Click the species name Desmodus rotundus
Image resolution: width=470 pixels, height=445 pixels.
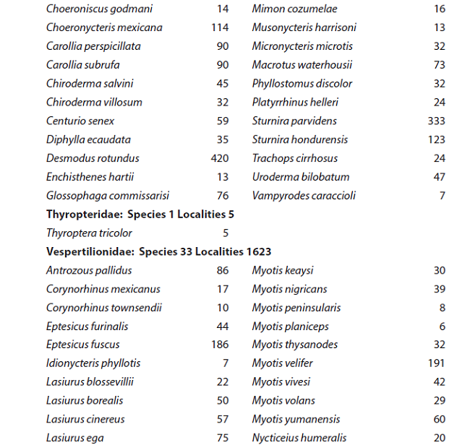(93, 158)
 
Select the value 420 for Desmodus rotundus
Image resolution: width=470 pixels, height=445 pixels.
(219, 158)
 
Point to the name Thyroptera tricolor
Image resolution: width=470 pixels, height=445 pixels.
(89, 233)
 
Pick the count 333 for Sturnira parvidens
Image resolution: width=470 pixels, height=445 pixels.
(436, 121)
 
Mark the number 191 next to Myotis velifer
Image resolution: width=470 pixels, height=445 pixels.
(436, 363)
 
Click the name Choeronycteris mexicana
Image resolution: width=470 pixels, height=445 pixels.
(104, 27)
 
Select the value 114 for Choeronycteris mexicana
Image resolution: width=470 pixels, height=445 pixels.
(220, 27)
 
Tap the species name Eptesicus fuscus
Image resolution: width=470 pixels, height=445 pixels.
(83, 345)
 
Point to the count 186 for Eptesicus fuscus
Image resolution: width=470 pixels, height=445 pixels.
(220, 345)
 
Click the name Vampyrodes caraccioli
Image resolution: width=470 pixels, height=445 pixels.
(304, 196)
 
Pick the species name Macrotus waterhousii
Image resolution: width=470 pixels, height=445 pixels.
(302, 65)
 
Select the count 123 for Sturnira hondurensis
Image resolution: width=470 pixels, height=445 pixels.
(436, 139)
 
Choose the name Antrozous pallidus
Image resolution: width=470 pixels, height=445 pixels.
(89, 271)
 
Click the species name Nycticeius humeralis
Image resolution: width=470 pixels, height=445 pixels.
(299, 438)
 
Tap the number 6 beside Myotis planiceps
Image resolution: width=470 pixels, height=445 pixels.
(442, 327)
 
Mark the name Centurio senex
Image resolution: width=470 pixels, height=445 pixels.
(80, 121)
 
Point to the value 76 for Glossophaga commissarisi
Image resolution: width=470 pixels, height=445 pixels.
(223, 196)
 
